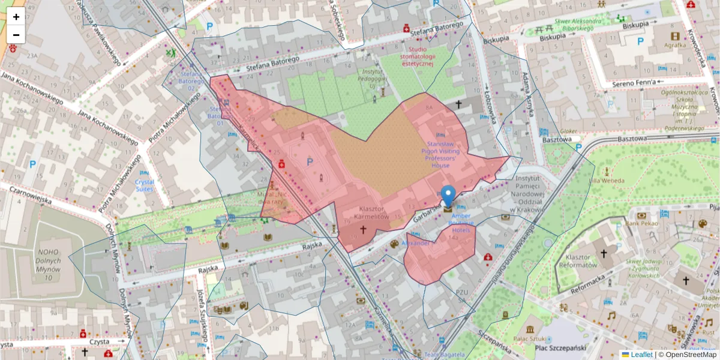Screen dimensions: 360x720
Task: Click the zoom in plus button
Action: coord(16,17)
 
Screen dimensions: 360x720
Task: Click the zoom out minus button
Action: coord(16,35)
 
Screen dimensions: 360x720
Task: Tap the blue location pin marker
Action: coord(448,196)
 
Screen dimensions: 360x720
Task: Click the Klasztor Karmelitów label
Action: coord(370,212)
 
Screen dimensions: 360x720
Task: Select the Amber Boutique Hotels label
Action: coord(461,223)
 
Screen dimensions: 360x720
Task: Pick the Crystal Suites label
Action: coord(144,185)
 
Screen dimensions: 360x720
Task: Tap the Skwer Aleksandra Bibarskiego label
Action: coord(570,24)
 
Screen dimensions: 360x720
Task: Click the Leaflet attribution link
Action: coord(641,355)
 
